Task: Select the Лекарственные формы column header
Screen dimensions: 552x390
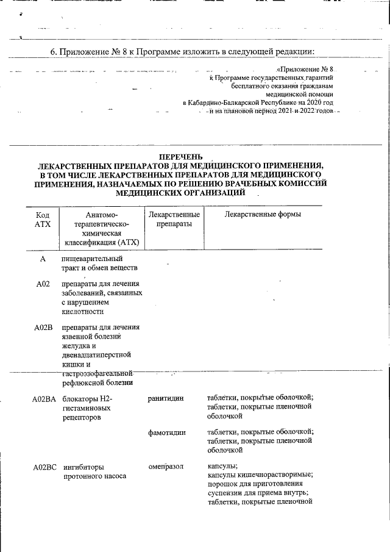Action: click(x=263, y=215)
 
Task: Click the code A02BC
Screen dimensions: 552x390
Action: click(x=44, y=467)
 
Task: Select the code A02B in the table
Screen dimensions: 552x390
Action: click(x=43, y=328)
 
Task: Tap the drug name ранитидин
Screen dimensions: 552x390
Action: click(x=166, y=398)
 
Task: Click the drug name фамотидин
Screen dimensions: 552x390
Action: click(x=166, y=432)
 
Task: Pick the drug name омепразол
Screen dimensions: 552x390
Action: click(x=166, y=467)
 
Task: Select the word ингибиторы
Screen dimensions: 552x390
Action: click(x=84, y=467)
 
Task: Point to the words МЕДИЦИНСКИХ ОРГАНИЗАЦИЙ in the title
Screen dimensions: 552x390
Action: click(x=180, y=192)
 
